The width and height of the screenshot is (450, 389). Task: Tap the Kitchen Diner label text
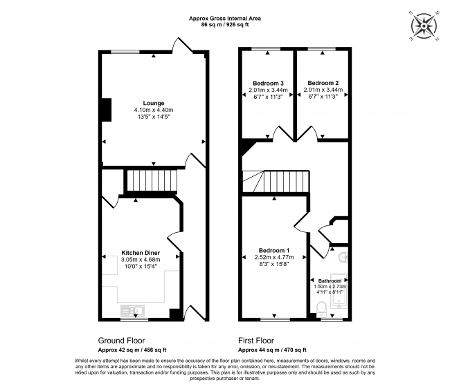tap(141, 253)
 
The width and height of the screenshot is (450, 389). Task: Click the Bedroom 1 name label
tap(274, 249)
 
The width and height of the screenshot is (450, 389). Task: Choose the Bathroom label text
tap(330, 281)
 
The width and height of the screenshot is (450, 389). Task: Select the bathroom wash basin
tap(345, 258)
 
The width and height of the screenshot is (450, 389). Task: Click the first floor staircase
tap(280, 182)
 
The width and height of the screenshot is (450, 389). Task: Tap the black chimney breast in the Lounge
tap(106, 109)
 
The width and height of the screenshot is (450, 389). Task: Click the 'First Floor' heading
tap(257, 341)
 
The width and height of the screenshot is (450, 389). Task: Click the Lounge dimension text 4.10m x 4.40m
tap(154, 110)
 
